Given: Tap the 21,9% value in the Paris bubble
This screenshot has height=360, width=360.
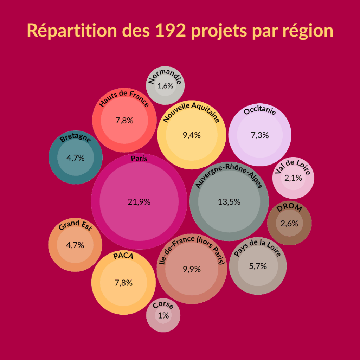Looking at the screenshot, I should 139,202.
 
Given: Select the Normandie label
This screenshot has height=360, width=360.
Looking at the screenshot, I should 165,76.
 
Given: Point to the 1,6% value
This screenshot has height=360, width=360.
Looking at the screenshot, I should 165,86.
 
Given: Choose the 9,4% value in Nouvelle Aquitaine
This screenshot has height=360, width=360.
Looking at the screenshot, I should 192,135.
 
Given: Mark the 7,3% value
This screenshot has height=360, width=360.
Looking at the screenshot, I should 260,135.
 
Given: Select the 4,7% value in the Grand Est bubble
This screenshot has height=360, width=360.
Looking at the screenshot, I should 75,245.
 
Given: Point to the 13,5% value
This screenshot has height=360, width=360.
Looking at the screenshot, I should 229,202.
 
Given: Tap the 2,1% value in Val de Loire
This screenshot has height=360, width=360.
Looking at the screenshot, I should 293,178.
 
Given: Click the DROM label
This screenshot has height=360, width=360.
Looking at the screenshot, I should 289,208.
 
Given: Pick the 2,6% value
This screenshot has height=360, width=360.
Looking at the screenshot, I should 289,223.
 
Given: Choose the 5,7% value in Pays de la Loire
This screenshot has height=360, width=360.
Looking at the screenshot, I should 258,266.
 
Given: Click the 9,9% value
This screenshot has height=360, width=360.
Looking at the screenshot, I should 192,269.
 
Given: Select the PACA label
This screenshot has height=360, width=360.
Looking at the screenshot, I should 123,256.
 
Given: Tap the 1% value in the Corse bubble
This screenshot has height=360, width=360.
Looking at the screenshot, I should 163,315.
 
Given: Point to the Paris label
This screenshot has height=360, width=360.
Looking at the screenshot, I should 139,159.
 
